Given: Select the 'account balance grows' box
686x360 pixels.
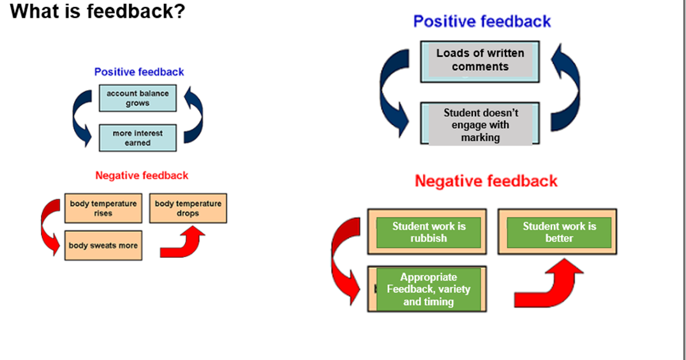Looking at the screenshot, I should pos(137,98).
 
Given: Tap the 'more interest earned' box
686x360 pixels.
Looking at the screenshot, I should pos(137,138).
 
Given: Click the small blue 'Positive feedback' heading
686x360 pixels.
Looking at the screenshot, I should pos(138,72).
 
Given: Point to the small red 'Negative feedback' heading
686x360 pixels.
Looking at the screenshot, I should pos(142,176).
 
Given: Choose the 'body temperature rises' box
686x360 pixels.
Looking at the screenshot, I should pos(103,209).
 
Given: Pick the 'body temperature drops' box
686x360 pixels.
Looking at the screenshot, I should pos(188,209).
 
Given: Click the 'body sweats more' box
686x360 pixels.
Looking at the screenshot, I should pos(103,245).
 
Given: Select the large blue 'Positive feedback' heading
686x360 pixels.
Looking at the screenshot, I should pos(482,22).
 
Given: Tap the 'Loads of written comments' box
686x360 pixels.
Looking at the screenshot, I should pos(480,61).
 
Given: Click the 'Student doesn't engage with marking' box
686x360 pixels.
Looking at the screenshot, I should pos(480,124).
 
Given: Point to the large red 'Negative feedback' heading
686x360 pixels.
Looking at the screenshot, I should pos(486,181).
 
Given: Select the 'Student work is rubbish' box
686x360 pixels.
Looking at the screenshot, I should pos(428,232).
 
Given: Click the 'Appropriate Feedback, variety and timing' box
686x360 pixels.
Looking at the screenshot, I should pos(428,289).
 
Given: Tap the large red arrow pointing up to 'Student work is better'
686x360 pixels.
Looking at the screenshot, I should pos(550,287).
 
